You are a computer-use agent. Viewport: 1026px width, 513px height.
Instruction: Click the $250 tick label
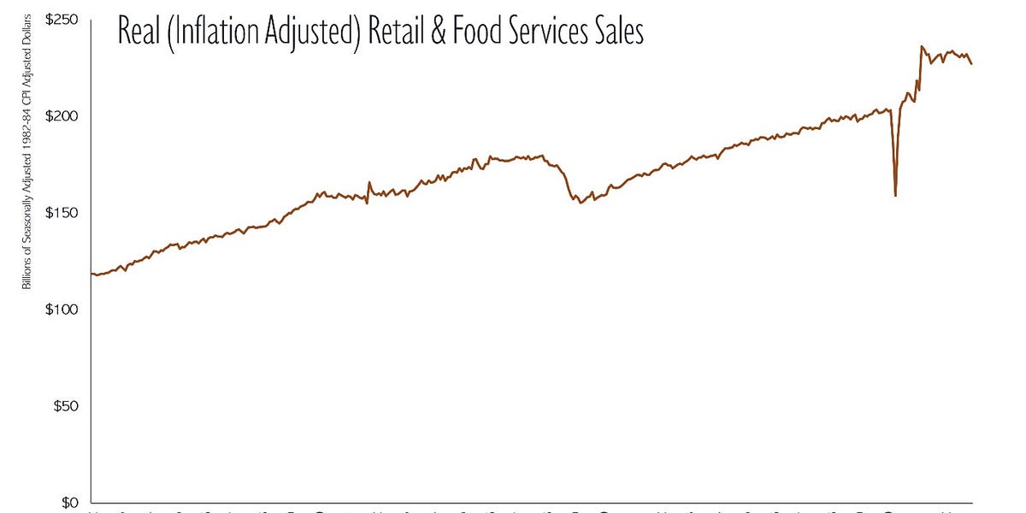click(64, 20)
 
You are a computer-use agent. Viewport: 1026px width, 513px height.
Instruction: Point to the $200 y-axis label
click(64, 116)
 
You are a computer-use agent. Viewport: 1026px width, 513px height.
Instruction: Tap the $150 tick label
click(64, 213)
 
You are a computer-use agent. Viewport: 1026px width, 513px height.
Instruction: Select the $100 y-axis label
click(64, 310)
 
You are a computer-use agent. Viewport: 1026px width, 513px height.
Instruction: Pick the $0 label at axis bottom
click(72, 503)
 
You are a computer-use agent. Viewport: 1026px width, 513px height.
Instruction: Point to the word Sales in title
click(619, 32)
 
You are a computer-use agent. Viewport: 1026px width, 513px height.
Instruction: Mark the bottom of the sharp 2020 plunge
click(895, 196)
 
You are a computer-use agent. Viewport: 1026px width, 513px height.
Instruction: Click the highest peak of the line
click(922, 46)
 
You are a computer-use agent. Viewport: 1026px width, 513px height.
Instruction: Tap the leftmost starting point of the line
click(91, 274)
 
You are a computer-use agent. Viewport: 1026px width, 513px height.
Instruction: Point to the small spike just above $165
click(369, 182)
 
